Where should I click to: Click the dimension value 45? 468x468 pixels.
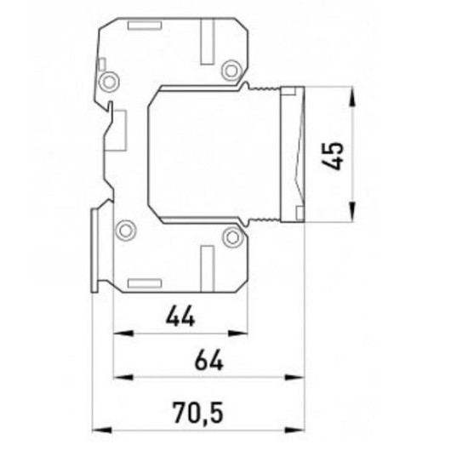(333, 156)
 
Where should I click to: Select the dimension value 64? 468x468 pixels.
(209, 360)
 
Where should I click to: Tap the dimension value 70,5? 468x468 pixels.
(198, 413)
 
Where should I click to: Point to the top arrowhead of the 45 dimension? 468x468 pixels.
(352, 96)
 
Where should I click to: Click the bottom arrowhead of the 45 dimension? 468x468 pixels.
(352, 211)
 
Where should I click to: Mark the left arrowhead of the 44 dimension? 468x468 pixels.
(123, 333)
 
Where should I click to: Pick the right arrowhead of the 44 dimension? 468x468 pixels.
(238, 333)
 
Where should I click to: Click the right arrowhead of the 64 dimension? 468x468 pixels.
(295, 378)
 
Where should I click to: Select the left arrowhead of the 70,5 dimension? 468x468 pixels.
(102, 430)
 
